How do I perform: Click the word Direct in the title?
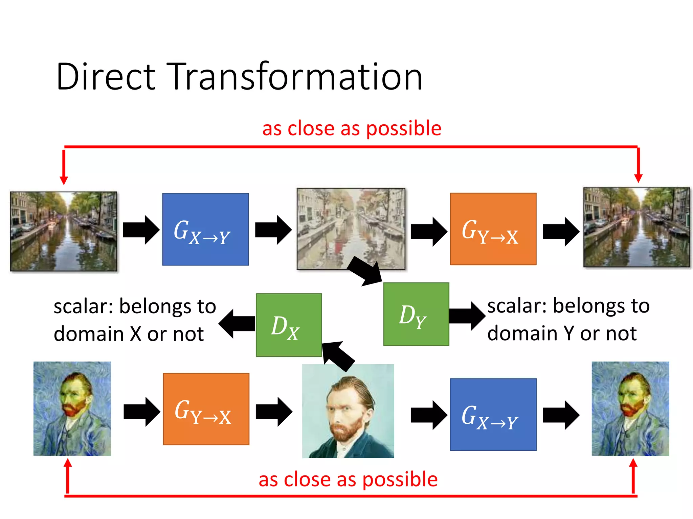[106, 77]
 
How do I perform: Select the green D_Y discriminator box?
[416, 314]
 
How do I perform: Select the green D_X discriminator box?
[289, 325]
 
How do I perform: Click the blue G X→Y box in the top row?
[205, 229]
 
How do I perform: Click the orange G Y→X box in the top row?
[493, 229]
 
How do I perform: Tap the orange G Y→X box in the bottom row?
[206, 409]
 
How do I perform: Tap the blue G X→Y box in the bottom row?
[493, 414]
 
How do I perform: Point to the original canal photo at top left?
[64, 231]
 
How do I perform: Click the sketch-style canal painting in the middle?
[351, 229]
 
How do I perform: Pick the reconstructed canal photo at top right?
[636, 227]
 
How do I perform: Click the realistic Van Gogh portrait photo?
[348, 411]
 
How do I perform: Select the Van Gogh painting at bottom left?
[72, 409]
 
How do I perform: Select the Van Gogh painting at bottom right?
[630, 409]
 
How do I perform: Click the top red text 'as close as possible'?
[352, 129]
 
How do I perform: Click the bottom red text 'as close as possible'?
[348, 479]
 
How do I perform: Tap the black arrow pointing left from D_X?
[237, 324]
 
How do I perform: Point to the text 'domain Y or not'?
[562, 333]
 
